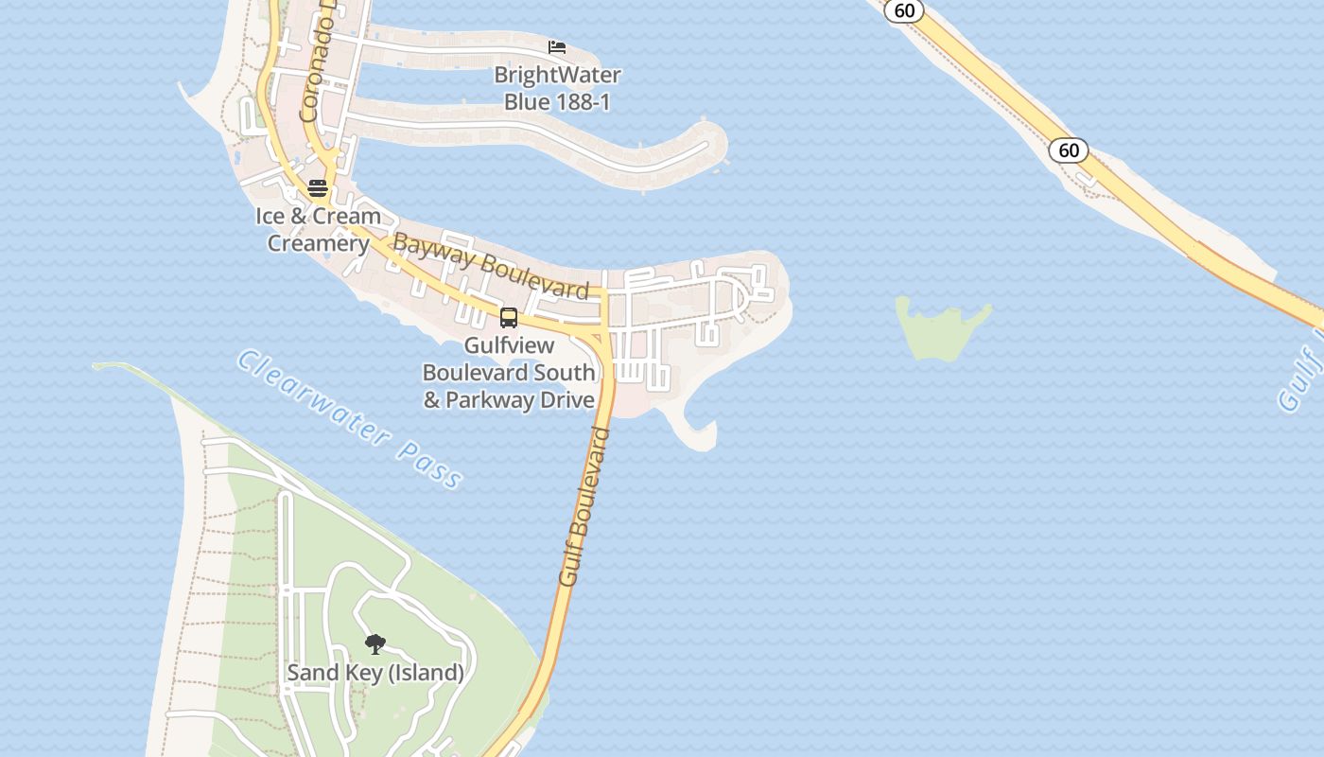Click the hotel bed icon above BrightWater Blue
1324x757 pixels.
pyautogui.click(x=557, y=46)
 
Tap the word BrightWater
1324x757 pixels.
pyautogui.click(x=557, y=75)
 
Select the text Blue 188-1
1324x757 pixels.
pyautogui.click(x=557, y=101)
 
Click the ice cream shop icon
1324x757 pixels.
pyautogui.click(x=318, y=186)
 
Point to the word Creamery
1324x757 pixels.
pyautogui.click(x=318, y=243)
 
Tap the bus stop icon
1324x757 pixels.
pyautogui.click(x=509, y=318)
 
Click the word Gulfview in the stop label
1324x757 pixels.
pyautogui.click(x=509, y=345)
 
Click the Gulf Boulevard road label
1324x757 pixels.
pyautogui.click(x=584, y=506)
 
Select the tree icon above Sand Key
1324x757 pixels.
pyautogui.click(x=375, y=644)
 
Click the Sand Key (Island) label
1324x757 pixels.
pyautogui.click(x=375, y=673)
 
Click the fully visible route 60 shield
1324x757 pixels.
pyautogui.click(x=1068, y=150)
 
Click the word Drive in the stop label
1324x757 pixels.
pyautogui.click(x=567, y=399)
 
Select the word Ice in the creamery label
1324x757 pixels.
pyautogui.click(x=270, y=216)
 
